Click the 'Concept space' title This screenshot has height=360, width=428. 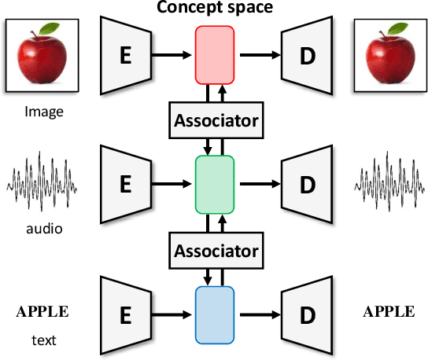click(x=215, y=9)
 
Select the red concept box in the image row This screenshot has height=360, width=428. click(x=215, y=53)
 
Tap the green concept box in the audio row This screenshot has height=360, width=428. click(x=215, y=183)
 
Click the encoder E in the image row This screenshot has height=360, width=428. click(x=124, y=54)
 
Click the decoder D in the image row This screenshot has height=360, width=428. click(x=305, y=54)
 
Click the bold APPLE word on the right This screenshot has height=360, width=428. click(x=388, y=311)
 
